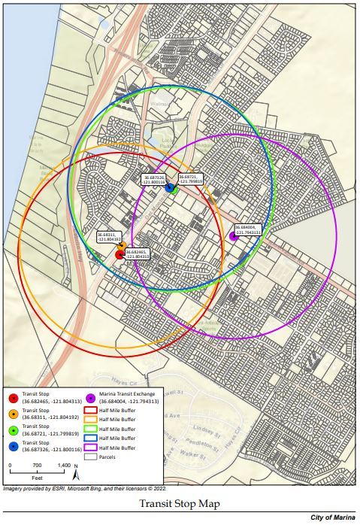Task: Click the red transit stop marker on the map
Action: coord(119,255)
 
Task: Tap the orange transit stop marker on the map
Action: coord(122,246)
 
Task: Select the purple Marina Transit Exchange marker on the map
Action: coord(234,236)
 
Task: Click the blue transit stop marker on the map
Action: coord(169,187)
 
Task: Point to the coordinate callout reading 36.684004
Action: coord(247,229)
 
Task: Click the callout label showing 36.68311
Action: coord(110,237)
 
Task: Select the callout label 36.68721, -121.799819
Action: coord(191,178)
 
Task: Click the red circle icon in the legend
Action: coord(13,398)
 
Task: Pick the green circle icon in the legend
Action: coord(13,431)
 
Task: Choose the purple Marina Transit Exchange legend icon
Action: coord(90,398)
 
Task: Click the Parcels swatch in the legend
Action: coord(90,456)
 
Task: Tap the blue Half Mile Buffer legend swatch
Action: coord(90,438)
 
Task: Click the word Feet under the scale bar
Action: coord(37,478)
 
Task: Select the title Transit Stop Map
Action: coord(180,504)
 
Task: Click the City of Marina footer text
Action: coord(333,518)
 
